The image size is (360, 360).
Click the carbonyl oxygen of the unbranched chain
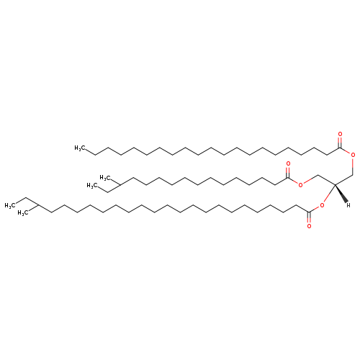(340, 134)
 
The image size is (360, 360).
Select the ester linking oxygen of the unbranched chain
(353, 155)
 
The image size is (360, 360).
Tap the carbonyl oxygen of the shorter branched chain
(288, 164)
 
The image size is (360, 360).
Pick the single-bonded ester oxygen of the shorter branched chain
(300, 184)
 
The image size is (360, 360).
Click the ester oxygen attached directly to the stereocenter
(322, 205)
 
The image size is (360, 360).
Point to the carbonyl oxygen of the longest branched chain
(309, 226)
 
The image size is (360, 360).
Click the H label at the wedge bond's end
(348, 205)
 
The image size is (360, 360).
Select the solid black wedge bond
(341, 193)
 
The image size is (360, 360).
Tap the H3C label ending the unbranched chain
(80, 148)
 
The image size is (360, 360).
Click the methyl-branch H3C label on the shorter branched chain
(105, 178)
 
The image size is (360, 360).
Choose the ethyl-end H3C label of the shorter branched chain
(92, 186)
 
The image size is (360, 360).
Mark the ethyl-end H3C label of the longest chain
(10, 205)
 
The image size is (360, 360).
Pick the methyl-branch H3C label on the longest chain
(23, 213)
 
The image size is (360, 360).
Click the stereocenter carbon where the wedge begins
(335, 184)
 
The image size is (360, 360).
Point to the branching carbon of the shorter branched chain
(120, 184)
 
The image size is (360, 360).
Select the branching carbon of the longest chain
(38, 205)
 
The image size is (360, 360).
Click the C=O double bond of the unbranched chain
(340, 142)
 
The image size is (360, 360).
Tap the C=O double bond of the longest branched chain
(309, 218)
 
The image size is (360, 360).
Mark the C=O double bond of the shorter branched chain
(288, 172)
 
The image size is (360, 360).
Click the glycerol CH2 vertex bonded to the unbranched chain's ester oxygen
(353, 175)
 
